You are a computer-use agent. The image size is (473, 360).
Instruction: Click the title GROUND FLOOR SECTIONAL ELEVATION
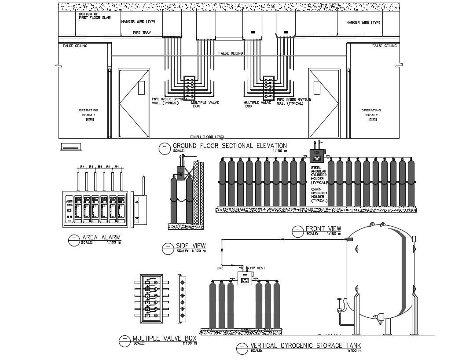click(229, 146)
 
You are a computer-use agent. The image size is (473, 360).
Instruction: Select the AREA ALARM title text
click(101, 238)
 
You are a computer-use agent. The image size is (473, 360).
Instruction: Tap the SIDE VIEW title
click(191, 246)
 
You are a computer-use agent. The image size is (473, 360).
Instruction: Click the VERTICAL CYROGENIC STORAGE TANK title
click(305, 345)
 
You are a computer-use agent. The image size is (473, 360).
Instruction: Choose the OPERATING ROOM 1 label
click(88, 113)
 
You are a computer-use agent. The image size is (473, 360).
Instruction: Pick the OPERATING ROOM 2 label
click(371, 113)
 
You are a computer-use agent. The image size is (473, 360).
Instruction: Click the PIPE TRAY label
click(142, 33)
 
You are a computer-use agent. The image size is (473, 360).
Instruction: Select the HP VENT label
click(256, 268)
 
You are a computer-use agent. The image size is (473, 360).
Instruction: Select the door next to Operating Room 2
click(325, 103)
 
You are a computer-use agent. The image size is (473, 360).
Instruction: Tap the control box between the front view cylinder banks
click(317, 154)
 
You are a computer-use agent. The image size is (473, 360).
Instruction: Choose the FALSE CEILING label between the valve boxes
click(231, 53)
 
